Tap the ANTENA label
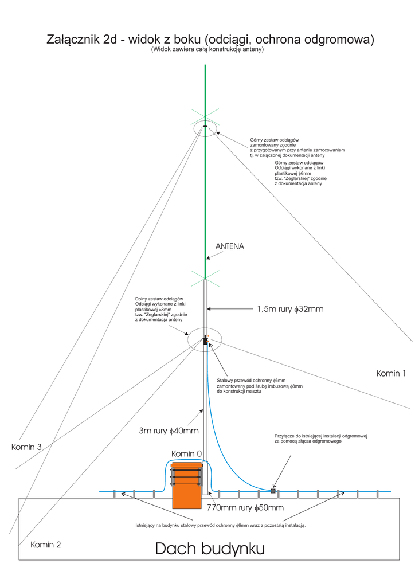(230, 246)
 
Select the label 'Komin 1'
(391, 374)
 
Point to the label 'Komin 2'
(46, 545)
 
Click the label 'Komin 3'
(26, 447)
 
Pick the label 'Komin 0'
(187, 453)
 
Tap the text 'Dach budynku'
(210, 549)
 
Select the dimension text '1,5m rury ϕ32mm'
(290, 310)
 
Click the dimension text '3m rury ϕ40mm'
(169, 431)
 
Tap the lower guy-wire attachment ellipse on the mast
(204, 339)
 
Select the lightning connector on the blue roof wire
(273, 491)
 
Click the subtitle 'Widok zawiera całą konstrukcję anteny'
(207, 50)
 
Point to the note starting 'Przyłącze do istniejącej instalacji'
(321, 439)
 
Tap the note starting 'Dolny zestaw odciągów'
(159, 310)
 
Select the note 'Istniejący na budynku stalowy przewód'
(221, 525)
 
